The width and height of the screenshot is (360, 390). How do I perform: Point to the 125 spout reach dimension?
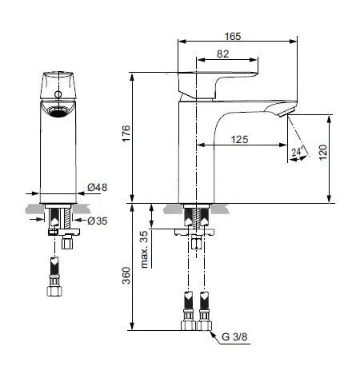pos(238,139)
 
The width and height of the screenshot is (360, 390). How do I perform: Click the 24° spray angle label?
pos(296,150)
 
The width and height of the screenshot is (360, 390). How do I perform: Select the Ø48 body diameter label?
pos(96,189)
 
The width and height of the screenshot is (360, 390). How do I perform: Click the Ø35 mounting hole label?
pos(96,220)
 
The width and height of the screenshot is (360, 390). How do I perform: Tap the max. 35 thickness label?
pos(145,250)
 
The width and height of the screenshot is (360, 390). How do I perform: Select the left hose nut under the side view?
pos(189,324)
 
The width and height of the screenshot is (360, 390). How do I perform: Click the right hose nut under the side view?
pos(206,324)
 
